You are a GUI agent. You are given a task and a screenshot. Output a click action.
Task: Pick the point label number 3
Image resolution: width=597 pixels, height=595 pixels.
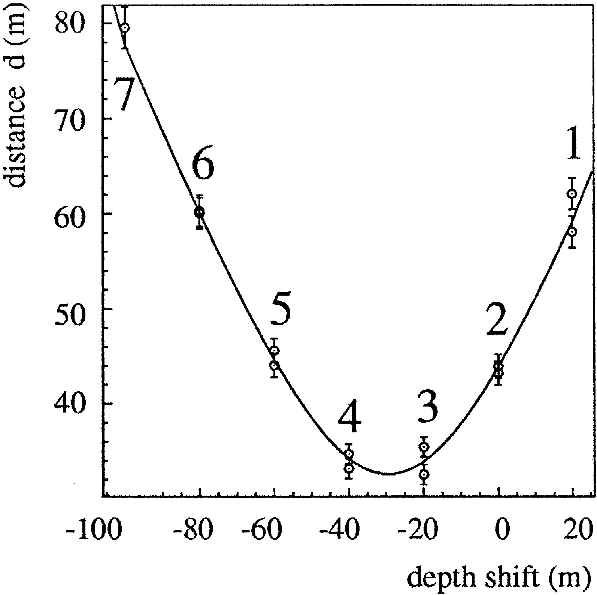click(x=428, y=406)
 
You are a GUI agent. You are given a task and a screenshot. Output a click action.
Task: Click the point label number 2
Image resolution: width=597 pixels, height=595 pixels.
click(x=497, y=320)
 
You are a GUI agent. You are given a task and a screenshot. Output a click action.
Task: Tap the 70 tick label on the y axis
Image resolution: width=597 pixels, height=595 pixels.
click(x=69, y=120)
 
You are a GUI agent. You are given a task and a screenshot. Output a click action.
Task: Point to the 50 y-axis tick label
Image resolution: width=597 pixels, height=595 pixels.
click(x=69, y=309)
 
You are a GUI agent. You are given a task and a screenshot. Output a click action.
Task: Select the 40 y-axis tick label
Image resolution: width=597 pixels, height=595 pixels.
click(x=69, y=405)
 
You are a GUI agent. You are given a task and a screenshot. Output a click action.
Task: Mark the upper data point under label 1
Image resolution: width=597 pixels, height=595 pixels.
click(x=572, y=194)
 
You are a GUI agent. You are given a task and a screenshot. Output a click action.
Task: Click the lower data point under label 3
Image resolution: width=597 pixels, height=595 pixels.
click(x=424, y=475)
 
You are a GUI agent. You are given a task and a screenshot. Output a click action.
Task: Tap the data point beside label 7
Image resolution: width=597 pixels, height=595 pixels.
click(x=125, y=27)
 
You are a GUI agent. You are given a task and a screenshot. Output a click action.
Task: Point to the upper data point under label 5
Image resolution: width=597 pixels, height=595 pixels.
click(x=275, y=351)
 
